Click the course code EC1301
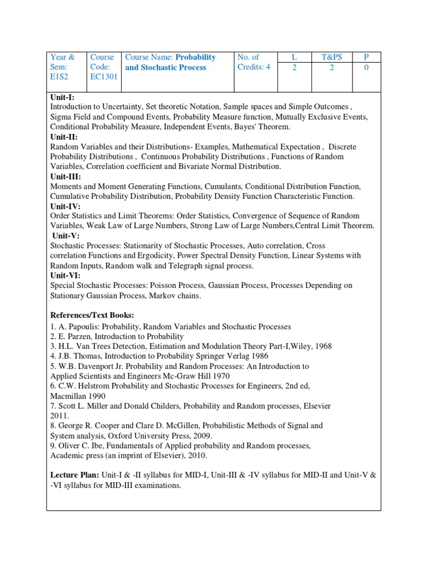[103, 77]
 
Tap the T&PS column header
[332, 57]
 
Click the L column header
[295, 57]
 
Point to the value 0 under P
[366, 67]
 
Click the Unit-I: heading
[62, 97]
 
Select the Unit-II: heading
[64, 137]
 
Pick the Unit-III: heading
[66, 176]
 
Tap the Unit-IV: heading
[65, 206]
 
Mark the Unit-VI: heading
[65, 275]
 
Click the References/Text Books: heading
[92, 315]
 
